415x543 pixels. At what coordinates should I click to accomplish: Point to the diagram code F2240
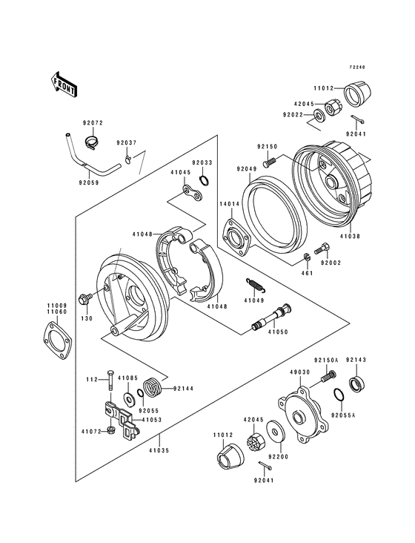(359, 66)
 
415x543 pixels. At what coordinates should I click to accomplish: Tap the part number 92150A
(326, 360)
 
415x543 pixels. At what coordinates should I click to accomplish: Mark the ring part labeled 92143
(357, 384)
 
